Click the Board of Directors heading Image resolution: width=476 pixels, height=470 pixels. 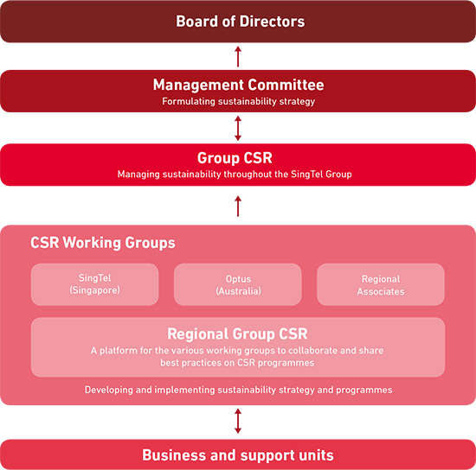pos(240,22)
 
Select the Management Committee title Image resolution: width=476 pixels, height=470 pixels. pos(238,85)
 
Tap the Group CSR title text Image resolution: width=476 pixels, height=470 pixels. pos(235,158)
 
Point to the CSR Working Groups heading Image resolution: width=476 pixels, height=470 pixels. pos(103,243)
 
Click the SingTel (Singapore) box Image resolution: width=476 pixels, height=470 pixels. pos(94,284)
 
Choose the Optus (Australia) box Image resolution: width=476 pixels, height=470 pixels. pos(238,284)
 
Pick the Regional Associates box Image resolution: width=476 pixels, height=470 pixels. pos(381,284)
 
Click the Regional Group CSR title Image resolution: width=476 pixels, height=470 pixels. pos(237,333)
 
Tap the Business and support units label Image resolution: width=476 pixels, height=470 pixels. pos(238,455)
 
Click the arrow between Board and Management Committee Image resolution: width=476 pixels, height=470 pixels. pos(238,56)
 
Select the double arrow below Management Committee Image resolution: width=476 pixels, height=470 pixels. pos(238,128)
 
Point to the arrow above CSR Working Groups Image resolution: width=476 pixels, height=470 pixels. pos(238,206)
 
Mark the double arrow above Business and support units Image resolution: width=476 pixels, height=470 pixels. pos(238,421)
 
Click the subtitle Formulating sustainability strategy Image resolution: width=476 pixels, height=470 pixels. pos(238,101)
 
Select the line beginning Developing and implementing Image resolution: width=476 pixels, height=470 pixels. pos(238,390)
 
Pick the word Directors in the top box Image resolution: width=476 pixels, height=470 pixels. pos(272,22)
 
